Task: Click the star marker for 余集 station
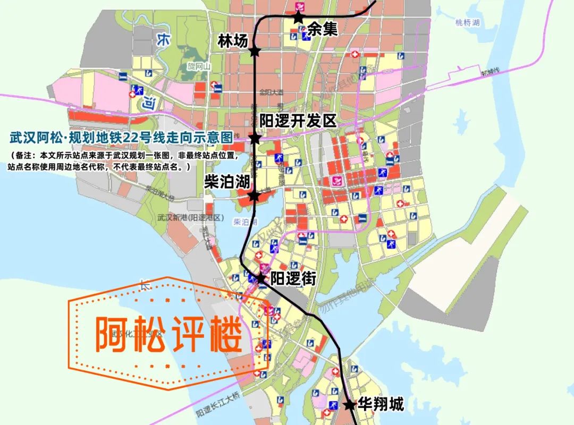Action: coord(298,18)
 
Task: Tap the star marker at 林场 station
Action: coord(255,52)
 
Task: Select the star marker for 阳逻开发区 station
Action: coord(255,139)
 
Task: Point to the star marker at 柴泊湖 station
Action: coord(254,195)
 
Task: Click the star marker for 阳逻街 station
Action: coord(260,278)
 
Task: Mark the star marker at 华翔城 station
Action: coord(349,405)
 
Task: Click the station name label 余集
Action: coord(323,30)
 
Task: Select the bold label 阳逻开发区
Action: coord(298,121)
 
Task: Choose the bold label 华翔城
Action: coord(381,405)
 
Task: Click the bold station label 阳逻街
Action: coord(293,278)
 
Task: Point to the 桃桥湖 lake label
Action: coord(468,23)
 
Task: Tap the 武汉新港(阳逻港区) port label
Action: coord(192,218)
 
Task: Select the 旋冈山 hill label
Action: coord(199,66)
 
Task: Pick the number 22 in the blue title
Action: coord(130,138)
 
